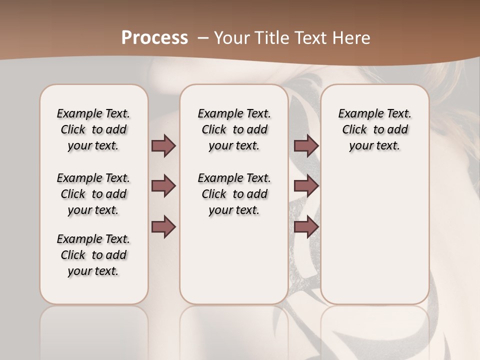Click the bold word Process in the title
point(154,37)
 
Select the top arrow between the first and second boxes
point(163,146)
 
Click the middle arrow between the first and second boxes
point(163,186)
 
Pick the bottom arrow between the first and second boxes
point(163,227)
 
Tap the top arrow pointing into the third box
point(306,146)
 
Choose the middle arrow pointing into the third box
point(306,186)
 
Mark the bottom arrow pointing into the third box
point(306,227)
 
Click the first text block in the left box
point(93,129)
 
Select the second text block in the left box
point(93,194)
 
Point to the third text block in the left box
point(93,255)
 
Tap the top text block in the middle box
point(234,129)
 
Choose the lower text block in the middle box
point(234,194)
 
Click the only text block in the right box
point(374,129)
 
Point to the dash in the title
point(203,37)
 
